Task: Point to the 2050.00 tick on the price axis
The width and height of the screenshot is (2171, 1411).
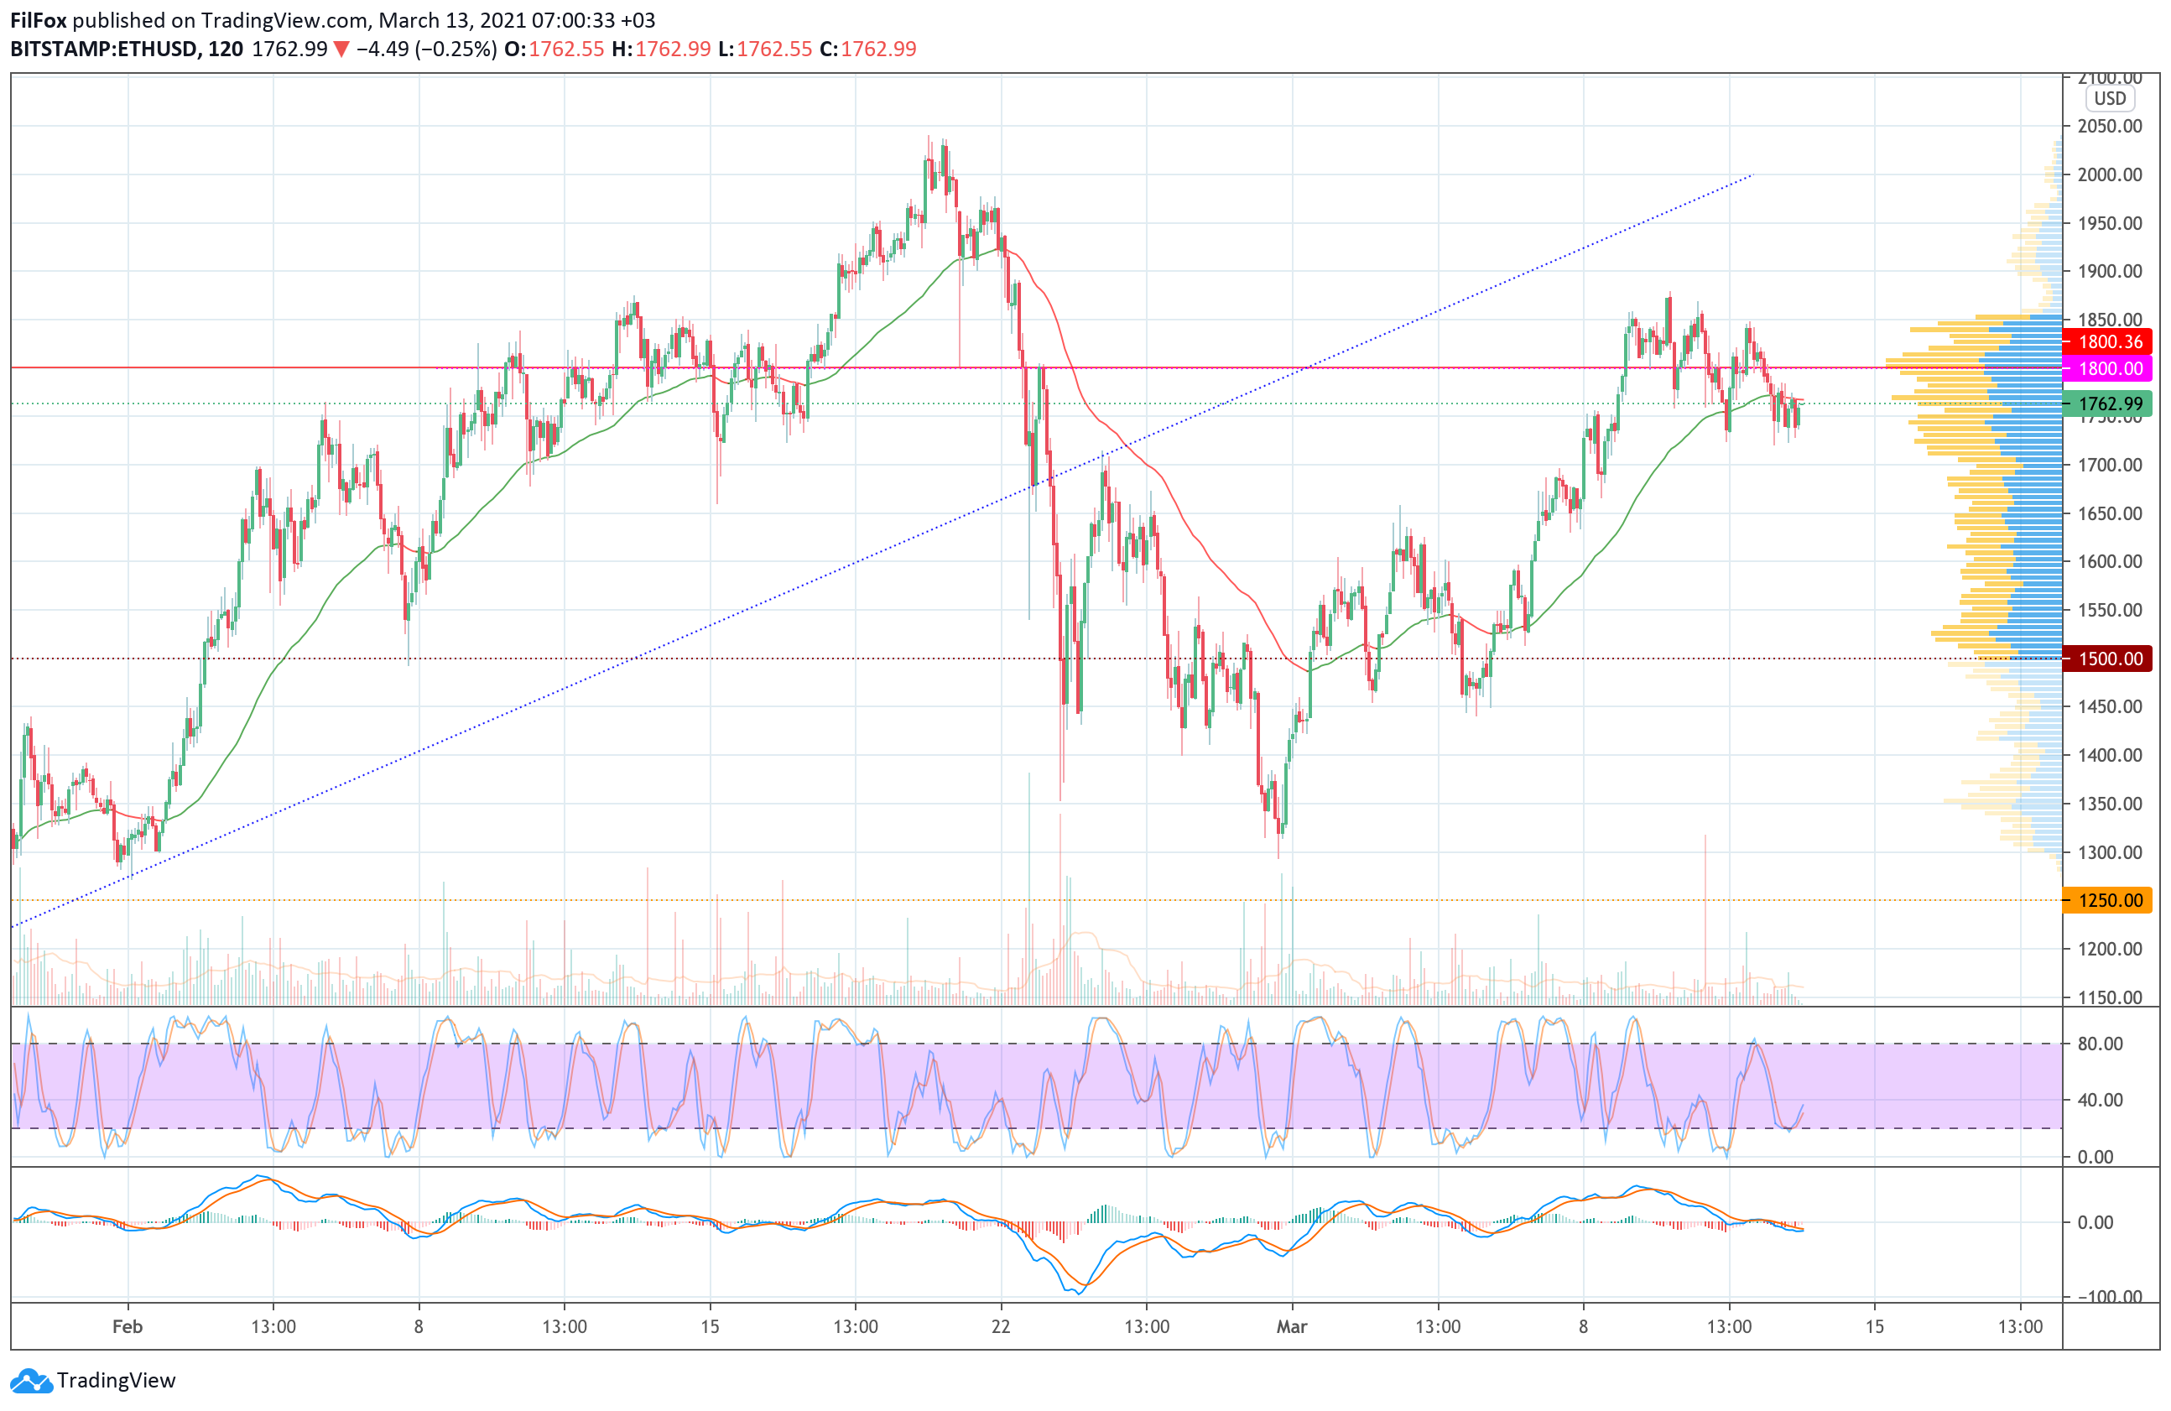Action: pyautogui.click(x=2109, y=126)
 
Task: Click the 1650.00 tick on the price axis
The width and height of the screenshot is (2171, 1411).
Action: pyautogui.click(x=2109, y=513)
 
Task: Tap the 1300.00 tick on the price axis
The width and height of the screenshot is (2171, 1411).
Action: pyautogui.click(x=2109, y=852)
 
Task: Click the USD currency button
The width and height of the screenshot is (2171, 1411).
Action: pyautogui.click(x=2109, y=98)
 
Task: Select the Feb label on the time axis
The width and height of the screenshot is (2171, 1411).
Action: pyautogui.click(x=127, y=1326)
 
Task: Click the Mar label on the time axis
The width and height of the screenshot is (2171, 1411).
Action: pyautogui.click(x=1292, y=1326)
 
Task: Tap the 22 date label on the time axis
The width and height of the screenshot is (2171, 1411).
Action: pyautogui.click(x=1001, y=1326)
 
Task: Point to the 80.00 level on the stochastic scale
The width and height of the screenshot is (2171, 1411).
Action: pyautogui.click(x=2100, y=1044)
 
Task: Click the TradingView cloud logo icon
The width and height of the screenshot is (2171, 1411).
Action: pyautogui.click(x=32, y=1381)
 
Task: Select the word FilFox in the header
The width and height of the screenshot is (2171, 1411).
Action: pyautogui.click(x=39, y=20)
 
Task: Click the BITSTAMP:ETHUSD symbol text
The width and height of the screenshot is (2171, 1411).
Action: pyautogui.click(x=103, y=49)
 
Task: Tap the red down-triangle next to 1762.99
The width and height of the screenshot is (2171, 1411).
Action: pyautogui.click(x=341, y=49)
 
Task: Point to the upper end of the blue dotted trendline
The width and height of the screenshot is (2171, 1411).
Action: pyautogui.click(x=1752, y=174)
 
